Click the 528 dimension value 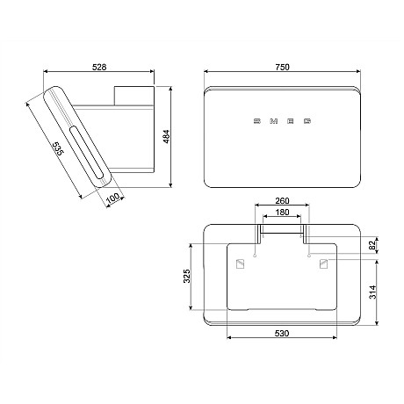[x=99, y=67]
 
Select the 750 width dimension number [x=282, y=67]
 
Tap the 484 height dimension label [x=166, y=136]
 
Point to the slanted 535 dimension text [x=57, y=148]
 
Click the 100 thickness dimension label [x=112, y=198]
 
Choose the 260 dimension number [x=282, y=201]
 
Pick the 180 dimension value [x=282, y=212]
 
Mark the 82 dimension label [x=372, y=245]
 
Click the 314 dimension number [x=372, y=292]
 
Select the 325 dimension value [x=187, y=276]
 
